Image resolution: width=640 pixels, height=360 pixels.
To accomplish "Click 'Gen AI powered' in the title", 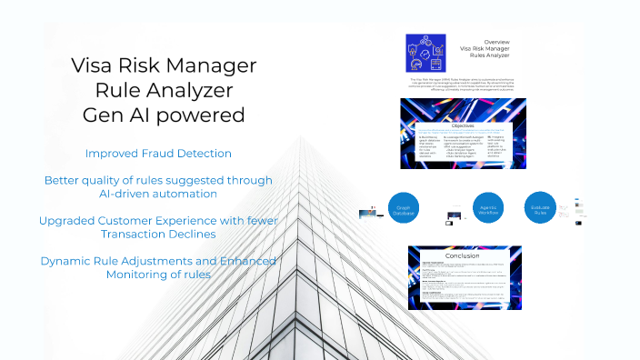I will [164, 115].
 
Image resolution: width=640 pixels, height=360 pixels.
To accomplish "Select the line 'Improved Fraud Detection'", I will [158, 153].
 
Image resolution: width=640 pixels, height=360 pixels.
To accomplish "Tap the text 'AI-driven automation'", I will [157, 194].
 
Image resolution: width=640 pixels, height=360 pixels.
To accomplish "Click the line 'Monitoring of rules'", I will [158, 275].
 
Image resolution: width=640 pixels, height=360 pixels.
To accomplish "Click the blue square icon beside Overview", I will [426, 53].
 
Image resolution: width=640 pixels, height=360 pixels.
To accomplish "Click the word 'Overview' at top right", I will [496, 42].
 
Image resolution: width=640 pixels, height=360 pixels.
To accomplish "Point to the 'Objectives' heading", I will [464, 125].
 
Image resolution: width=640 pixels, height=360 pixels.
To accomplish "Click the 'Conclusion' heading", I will [464, 255].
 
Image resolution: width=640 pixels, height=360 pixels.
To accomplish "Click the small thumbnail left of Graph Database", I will [371, 214].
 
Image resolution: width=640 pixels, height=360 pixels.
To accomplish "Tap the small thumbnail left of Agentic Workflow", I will [453, 218].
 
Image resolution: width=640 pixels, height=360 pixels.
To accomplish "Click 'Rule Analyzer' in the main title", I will [164, 90].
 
